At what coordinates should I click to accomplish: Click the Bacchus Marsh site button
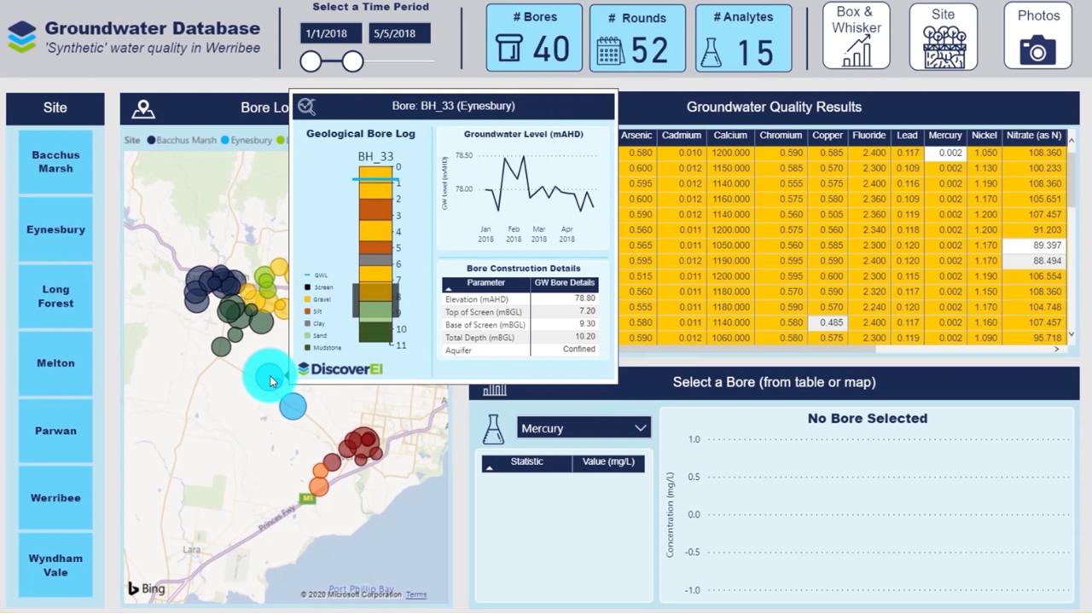coord(55,162)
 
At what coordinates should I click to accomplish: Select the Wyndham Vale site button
coord(55,565)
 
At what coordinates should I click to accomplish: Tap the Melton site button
coord(55,363)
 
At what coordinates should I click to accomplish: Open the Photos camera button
coord(1037,37)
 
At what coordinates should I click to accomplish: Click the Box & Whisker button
coord(856,37)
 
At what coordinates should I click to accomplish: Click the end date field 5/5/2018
coord(399,33)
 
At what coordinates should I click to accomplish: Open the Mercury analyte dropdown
coord(584,428)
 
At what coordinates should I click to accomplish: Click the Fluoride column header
coord(869,136)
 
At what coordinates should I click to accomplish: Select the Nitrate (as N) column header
coord(1034,136)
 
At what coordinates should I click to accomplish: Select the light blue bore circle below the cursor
coord(293,407)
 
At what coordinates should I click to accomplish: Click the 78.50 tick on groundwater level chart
coord(463,156)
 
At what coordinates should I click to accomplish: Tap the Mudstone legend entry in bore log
coord(327,348)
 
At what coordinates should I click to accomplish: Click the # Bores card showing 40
coord(534,38)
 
